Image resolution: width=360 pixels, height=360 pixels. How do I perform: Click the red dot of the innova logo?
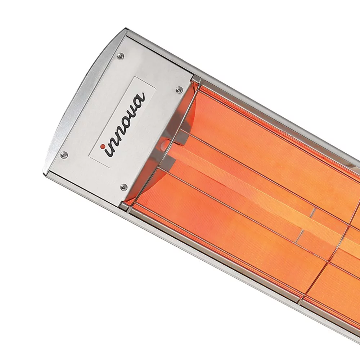[103, 146]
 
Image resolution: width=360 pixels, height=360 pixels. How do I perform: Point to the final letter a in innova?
[140, 98]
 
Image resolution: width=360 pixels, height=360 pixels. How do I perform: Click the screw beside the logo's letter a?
[178, 90]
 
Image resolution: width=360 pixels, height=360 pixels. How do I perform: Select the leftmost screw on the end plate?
[64, 154]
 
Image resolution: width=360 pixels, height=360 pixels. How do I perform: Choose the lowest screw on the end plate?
[124, 186]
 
